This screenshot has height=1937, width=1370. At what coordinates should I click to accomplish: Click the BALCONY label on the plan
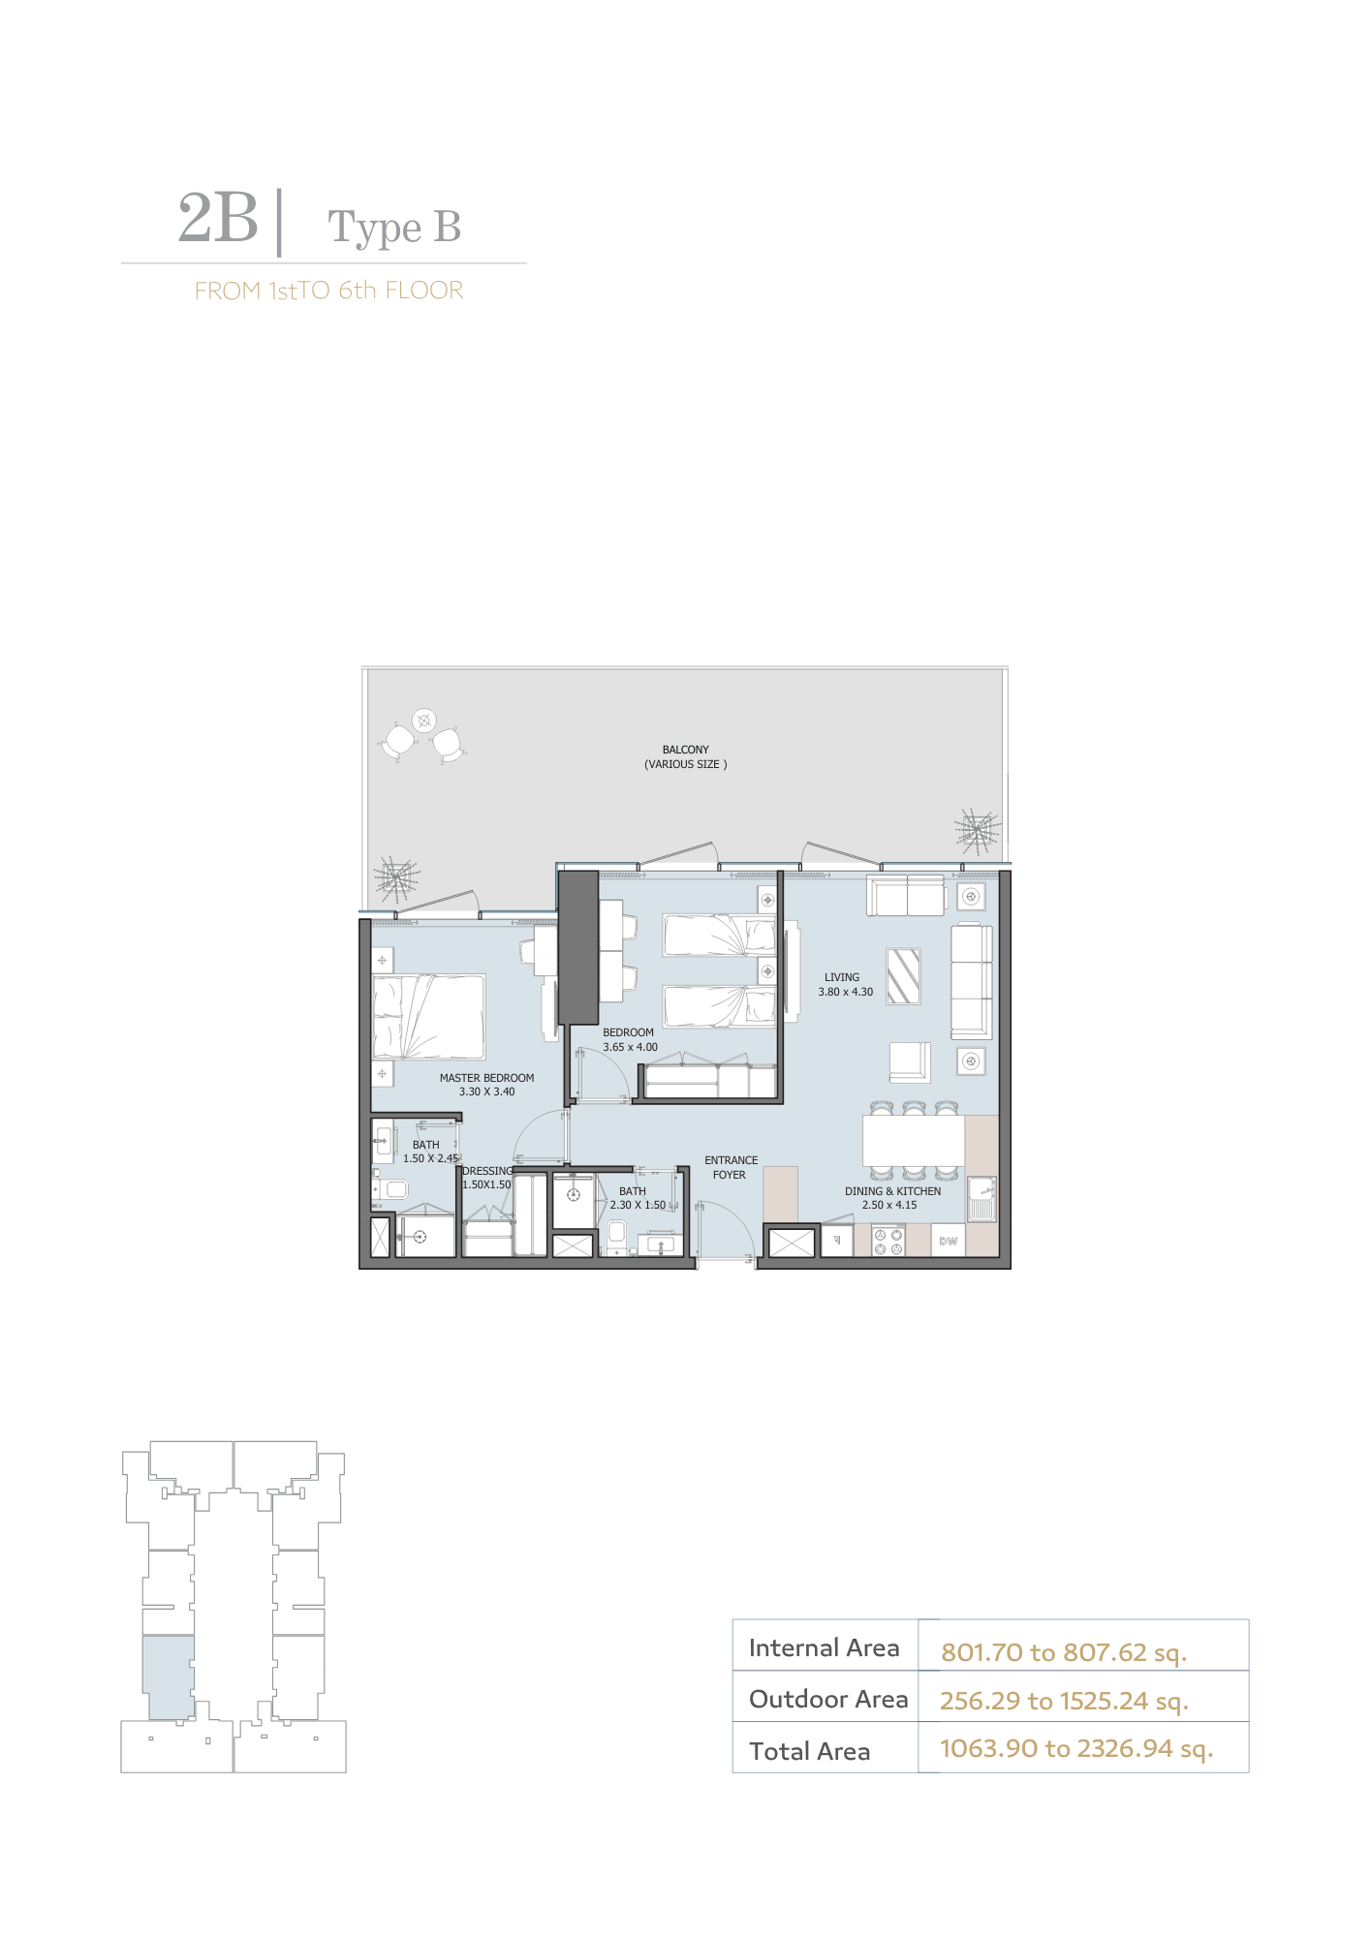point(686,750)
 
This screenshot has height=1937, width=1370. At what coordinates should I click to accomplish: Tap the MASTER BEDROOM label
point(486,1078)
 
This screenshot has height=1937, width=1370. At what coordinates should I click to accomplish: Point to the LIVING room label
point(842,977)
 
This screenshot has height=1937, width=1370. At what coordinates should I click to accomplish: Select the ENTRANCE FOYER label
point(731,1167)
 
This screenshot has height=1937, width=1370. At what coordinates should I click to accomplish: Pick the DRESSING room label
point(487,1171)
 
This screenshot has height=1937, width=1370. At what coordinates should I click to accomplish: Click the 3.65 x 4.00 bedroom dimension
point(630,1047)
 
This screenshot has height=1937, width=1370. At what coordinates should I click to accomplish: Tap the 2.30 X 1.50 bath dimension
point(638,1205)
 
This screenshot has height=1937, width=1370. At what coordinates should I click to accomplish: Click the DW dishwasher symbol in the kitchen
point(949,1241)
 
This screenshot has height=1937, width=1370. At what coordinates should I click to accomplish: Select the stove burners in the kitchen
point(887,1242)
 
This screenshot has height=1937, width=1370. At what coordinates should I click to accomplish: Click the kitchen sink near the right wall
point(981,1198)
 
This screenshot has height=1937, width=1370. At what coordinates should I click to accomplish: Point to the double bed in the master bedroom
point(428,1017)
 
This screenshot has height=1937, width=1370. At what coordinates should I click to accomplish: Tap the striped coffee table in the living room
point(903,975)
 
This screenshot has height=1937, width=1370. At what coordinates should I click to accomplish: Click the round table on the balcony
point(423,720)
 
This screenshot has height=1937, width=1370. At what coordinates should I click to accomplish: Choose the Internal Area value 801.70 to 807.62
point(1064,1652)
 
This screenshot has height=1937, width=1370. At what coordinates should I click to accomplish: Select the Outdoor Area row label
point(828,1699)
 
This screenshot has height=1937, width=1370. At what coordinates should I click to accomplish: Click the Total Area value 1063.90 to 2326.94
point(1076,1748)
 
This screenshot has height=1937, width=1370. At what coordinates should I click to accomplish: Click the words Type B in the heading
point(394,229)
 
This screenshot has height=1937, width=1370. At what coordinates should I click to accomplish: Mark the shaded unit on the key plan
point(169,1677)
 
